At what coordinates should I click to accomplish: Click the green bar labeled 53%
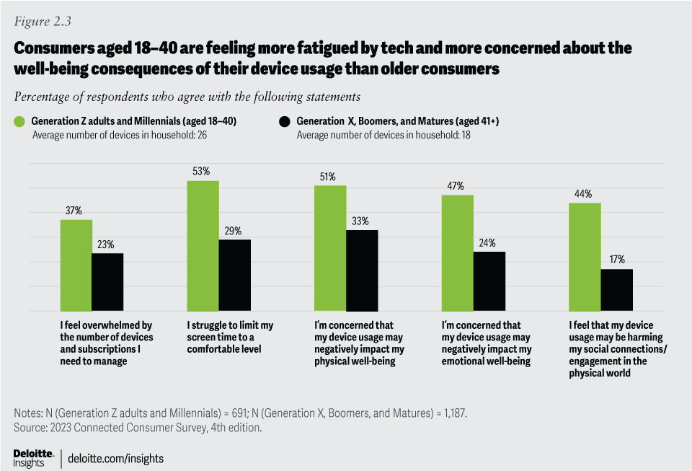(203, 245)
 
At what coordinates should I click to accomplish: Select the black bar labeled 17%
(616, 289)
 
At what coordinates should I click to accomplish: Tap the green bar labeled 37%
(76, 265)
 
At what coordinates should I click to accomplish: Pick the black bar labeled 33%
(361, 270)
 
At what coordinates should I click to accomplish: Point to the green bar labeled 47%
(457, 252)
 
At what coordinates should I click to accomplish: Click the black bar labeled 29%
(234, 275)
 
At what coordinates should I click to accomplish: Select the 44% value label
(584, 194)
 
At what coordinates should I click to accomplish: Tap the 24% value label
(489, 243)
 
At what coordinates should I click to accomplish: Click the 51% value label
(329, 177)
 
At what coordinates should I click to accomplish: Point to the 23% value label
(107, 245)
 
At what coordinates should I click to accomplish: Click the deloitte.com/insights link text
(116, 458)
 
